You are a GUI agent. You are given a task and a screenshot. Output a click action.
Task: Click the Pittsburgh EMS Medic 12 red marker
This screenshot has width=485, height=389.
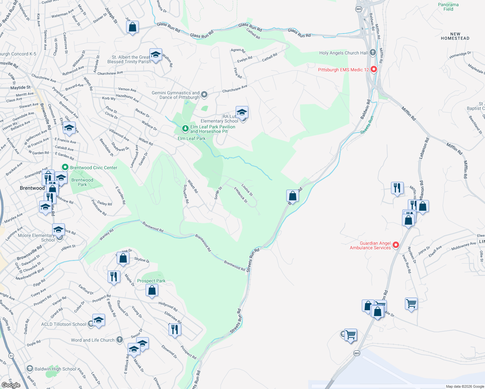click(x=374, y=69)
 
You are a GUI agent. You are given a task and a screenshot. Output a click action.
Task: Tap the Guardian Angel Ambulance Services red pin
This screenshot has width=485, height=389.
click(x=396, y=245)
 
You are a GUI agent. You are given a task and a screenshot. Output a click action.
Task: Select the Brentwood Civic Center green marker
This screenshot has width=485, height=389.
click(x=65, y=168)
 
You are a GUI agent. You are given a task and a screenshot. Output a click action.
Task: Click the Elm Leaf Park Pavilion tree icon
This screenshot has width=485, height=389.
click(x=185, y=129)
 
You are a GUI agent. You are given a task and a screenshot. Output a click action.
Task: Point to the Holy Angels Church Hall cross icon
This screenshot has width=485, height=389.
click(x=373, y=52)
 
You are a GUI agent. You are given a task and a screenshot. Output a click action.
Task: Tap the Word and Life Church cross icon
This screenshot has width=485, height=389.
click(x=120, y=340)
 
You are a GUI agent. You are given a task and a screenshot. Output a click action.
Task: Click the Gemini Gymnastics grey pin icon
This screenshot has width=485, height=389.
click(x=204, y=95)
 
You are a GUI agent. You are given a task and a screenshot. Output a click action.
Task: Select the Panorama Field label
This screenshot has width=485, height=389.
click(x=448, y=7)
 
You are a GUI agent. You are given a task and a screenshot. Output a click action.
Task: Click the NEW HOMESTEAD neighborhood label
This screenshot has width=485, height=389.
click(x=455, y=36)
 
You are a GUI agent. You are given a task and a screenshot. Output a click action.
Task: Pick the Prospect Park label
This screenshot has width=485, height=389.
click(x=151, y=281)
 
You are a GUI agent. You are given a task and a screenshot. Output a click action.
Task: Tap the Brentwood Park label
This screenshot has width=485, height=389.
click(x=82, y=182)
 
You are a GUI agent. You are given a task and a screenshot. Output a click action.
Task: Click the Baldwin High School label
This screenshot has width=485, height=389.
click(x=55, y=369)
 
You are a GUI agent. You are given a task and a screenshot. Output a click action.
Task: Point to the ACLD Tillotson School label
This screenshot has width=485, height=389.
click(x=64, y=324)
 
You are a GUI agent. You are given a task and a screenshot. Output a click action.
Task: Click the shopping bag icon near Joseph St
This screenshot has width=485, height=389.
click(x=132, y=27)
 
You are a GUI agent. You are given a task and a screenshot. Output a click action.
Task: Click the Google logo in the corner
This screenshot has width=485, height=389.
click(x=11, y=385)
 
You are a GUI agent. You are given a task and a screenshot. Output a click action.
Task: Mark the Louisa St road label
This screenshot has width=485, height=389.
click(x=247, y=190)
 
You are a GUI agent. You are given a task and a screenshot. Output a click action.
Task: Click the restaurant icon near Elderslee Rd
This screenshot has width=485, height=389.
click(x=175, y=329)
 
